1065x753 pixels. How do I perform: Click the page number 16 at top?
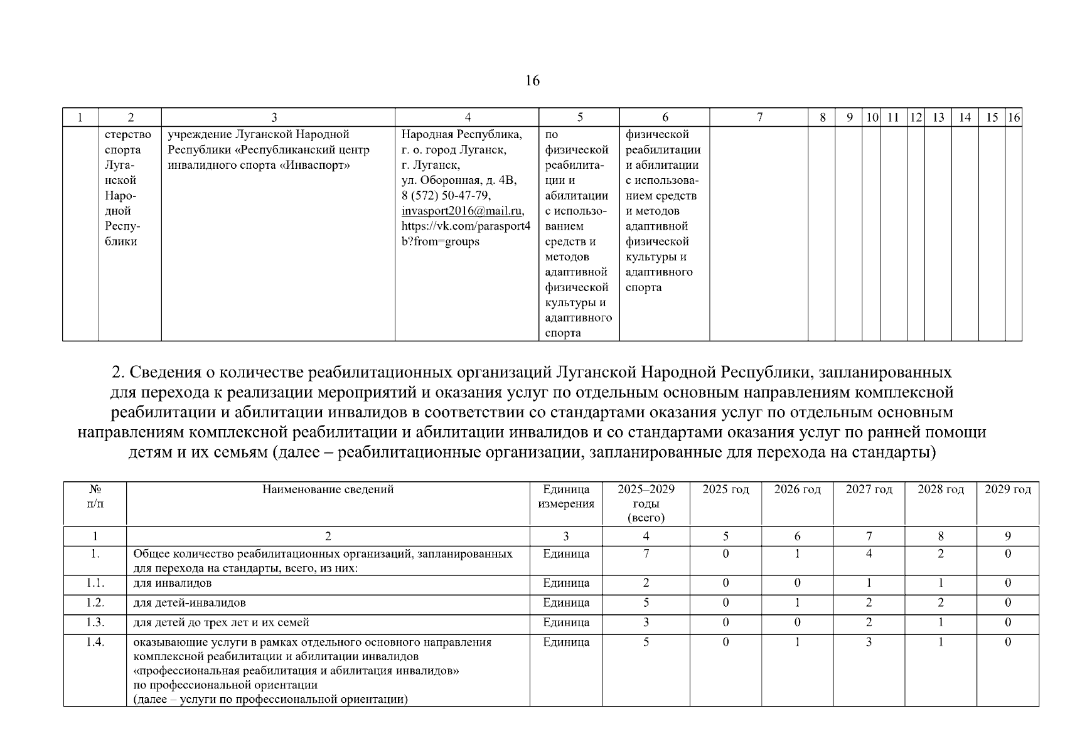[532, 81]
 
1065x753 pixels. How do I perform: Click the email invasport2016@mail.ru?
[463, 211]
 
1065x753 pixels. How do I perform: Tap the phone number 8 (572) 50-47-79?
[446, 196]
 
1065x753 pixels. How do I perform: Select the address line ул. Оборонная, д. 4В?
[459, 181]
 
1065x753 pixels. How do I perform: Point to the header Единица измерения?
[565, 496]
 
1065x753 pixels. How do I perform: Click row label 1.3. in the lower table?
[95, 622]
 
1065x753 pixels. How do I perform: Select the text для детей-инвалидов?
[190, 603]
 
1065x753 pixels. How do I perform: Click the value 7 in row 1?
[646, 554]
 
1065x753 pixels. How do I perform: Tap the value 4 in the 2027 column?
[869, 554]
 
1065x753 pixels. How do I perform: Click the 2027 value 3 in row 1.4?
[869, 643]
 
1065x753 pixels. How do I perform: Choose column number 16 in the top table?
[1014, 117]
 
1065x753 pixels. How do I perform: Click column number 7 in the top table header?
[759, 117]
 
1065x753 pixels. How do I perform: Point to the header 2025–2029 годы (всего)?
[646, 503]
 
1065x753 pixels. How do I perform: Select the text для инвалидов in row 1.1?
[173, 583]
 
